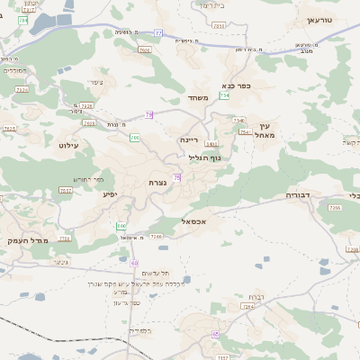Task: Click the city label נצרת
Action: [157, 183]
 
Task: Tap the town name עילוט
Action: [69, 144]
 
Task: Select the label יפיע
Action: [110, 193]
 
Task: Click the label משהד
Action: [199, 97]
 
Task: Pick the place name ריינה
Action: [188, 139]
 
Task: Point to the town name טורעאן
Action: [319, 20]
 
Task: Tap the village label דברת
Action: [256, 296]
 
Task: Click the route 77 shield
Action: [157, 33]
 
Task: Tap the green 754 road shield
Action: [224, 95]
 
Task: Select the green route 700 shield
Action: [134, 138]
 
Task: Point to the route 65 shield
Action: [216, 334]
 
